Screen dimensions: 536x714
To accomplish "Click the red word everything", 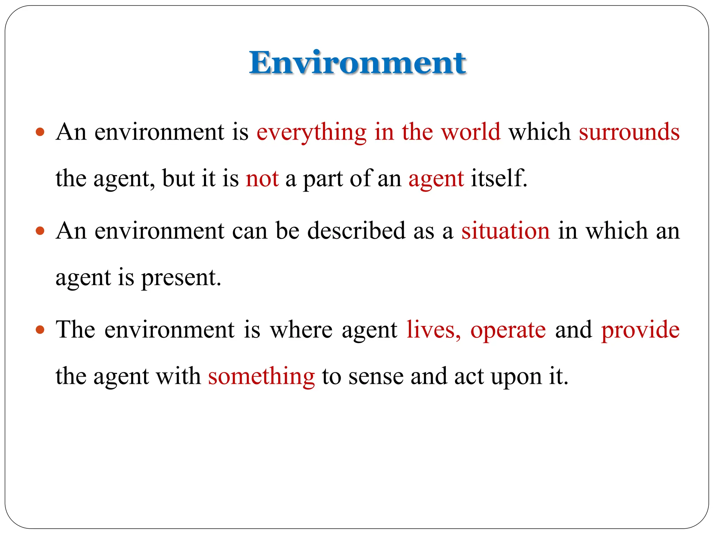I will pos(311,133).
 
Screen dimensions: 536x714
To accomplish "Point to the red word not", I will pos(262,179).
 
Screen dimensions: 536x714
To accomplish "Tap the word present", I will pos(181,278).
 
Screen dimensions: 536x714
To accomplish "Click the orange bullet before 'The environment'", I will pos(40,329).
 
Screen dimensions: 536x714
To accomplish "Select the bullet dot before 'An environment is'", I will pos(40,132).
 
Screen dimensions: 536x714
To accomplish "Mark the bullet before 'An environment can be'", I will pos(40,231).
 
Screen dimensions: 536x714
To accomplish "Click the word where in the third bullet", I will pos(301,329).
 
